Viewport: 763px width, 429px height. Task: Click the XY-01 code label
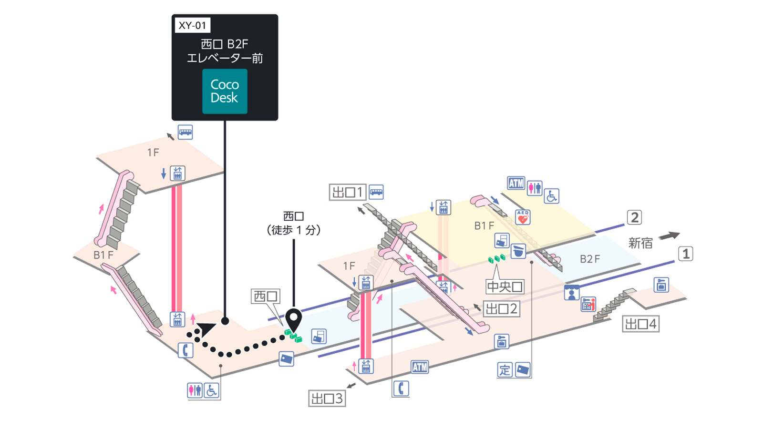tap(193, 25)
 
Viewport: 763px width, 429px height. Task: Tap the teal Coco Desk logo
tap(225, 91)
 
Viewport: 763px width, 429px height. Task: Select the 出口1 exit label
tap(348, 193)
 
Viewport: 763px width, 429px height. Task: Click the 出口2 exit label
tap(501, 309)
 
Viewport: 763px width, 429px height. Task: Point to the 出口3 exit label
tap(327, 398)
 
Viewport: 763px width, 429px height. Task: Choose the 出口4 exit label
tap(641, 324)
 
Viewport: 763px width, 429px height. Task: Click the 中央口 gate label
tap(505, 286)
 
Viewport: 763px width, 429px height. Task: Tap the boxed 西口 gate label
tap(266, 296)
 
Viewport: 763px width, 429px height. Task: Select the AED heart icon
tap(523, 217)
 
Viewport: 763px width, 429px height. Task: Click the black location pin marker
tap(294, 319)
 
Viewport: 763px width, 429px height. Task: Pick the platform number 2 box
tap(635, 217)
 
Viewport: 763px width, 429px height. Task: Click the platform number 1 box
tap(686, 254)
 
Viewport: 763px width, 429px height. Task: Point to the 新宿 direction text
tap(640, 243)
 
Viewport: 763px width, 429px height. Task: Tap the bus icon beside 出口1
tap(376, 192)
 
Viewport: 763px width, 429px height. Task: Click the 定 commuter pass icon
tap(505, 370)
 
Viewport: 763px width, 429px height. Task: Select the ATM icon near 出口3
tap(420, 367)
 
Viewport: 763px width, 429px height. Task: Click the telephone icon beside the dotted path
tap(186, 350)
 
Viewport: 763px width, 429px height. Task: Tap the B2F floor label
tap(590, 259)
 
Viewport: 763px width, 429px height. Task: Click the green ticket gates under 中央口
tap(496, 258)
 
